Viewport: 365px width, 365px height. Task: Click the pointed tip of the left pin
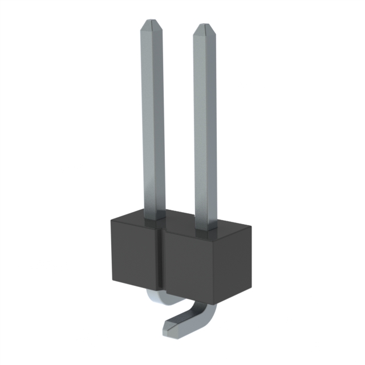[152, 23]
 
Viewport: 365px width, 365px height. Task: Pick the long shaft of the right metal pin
[205, 125]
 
